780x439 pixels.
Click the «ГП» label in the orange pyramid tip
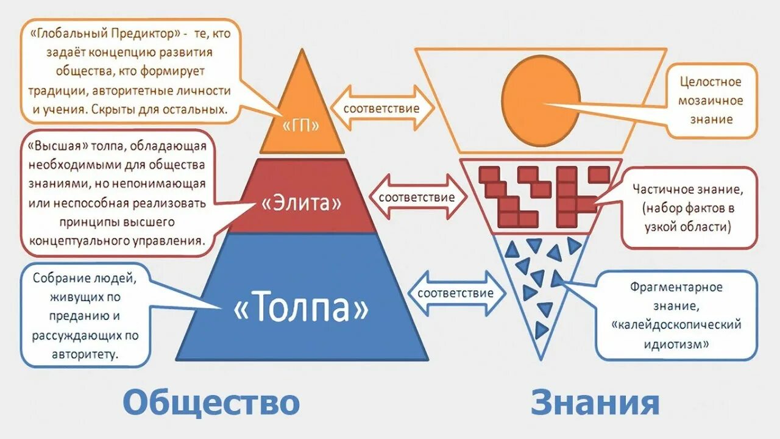coord(302,125)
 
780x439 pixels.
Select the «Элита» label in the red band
coord(302,203)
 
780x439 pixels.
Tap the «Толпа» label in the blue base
coord(302,309)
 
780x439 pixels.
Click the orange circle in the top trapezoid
coord(541,101)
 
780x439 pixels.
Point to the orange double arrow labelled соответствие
coord(382,109)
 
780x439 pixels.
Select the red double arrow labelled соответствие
coord(417,197)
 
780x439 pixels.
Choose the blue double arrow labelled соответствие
coord(455,293)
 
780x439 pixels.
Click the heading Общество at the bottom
coord(211,403)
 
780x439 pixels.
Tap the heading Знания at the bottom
coord(595,403)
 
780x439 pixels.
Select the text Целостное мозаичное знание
coord(711,100)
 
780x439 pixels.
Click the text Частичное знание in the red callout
coord(687,189)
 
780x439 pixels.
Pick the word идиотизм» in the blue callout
coord(676,344)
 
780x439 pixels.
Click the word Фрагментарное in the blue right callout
coord(676,287)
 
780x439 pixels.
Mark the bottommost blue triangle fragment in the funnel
coord(541,330)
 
